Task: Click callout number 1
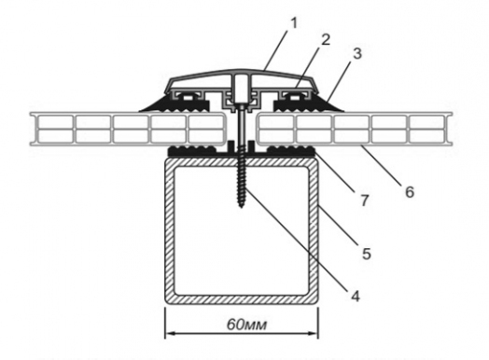[293, 23]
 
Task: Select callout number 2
[325, 39]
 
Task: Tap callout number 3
[357, 53]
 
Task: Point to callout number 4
[356, 296]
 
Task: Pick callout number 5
[367, 254]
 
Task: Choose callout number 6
[410, 192]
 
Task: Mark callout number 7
[365, 201]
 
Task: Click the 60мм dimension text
[246, 325]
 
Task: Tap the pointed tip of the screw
[242, 207]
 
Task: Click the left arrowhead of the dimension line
[170, 334]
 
